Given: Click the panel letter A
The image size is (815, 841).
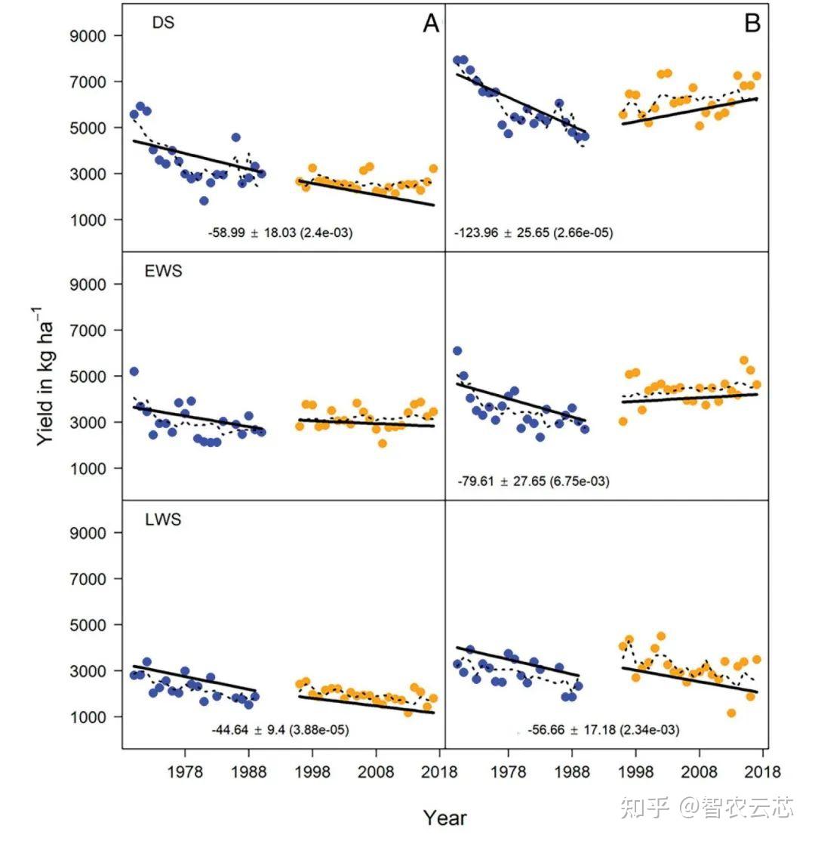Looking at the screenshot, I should (430, 24).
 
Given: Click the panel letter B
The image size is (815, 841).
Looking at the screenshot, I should (752, 24).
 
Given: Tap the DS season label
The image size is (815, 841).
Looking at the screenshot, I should (163, 23).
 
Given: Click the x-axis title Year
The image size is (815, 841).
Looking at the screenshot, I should (444, 818).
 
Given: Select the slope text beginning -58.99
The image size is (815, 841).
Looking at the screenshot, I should (280, 233).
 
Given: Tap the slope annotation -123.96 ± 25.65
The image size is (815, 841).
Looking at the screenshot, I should (534, 233).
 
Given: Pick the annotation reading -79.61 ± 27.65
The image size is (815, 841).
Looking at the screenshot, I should (534, 482).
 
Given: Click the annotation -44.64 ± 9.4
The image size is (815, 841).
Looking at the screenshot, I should (280, 730).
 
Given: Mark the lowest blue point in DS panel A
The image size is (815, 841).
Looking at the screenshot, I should (204, 201).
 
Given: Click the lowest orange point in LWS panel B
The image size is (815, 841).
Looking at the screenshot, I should (730, 713).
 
